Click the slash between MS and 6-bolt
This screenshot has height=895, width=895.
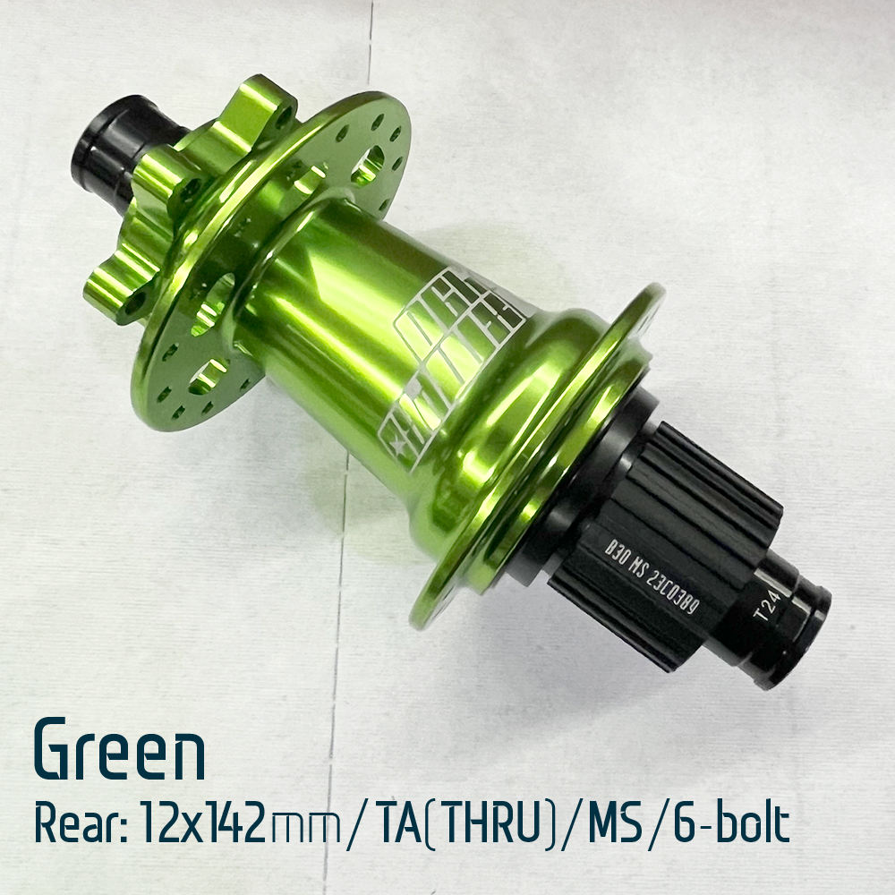click(x=659, y=825)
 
